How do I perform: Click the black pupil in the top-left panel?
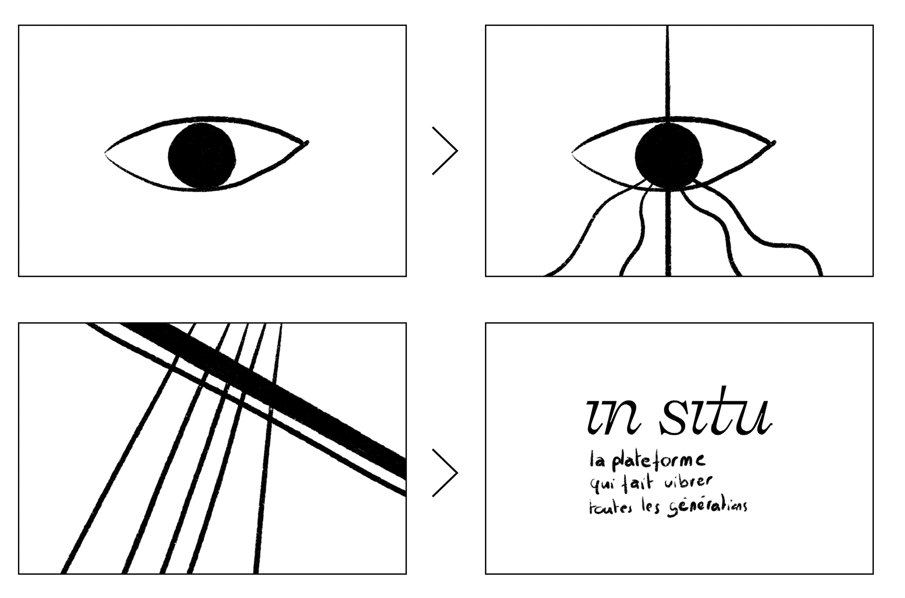[202, 156]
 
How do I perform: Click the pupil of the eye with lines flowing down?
[668, 156]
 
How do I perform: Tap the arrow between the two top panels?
[445, 151]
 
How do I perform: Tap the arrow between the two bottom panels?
[445, 473]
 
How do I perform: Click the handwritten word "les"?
[650, 508]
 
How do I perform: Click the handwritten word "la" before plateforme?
[597, 460]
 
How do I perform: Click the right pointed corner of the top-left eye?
[306, 142]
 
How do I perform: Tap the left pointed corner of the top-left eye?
[106, 152]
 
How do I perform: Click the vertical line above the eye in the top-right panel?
[668, 71]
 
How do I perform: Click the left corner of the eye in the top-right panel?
[573, 152]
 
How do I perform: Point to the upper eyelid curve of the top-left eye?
[203, 117]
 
